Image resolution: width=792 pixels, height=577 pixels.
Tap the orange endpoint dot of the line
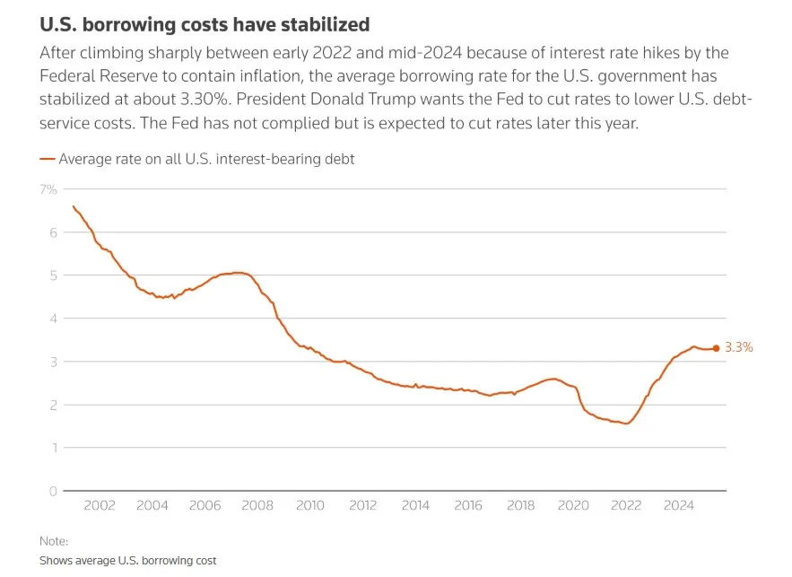716,348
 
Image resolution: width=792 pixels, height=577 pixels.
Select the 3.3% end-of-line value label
738,348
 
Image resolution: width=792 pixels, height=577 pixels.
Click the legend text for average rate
206,159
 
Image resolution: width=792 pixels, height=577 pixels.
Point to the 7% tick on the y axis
48,189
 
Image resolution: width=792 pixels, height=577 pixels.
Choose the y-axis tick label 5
53,275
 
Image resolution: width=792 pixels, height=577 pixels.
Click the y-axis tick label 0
53,491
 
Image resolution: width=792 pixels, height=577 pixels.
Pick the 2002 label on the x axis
100,506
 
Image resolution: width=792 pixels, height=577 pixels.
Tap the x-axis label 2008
257,506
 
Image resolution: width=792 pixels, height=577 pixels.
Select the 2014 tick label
415,506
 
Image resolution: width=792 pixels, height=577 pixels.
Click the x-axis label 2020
573,506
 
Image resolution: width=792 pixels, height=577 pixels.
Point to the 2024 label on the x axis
679,506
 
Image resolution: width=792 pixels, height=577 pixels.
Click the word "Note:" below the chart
54,541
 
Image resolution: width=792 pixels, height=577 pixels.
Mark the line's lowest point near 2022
625,424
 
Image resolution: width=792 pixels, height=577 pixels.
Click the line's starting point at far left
74,206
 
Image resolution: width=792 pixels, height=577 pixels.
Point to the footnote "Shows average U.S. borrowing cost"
128,560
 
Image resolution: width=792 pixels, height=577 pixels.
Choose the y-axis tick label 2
53,405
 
